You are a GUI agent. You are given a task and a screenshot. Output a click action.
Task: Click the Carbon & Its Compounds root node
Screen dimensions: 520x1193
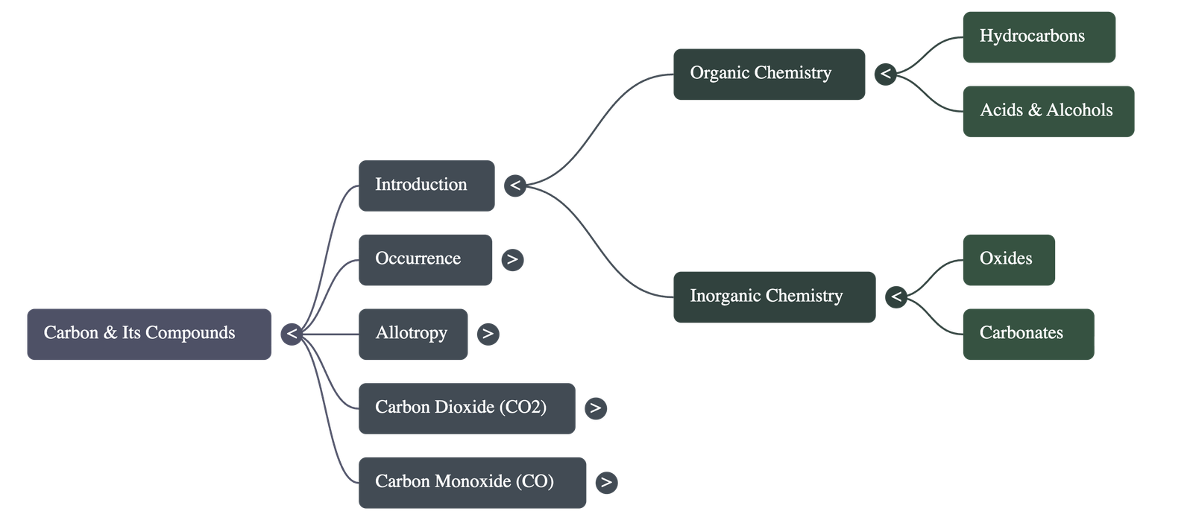(149, 334)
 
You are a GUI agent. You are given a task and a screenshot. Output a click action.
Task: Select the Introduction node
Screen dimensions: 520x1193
(426, 186)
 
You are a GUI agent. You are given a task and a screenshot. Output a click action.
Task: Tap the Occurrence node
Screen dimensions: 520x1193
(425, 259)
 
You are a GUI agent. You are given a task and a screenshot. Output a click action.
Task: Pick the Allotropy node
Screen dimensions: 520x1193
(413, 334)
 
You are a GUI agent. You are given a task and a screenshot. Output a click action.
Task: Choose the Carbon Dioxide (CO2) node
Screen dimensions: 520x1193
(466, 408)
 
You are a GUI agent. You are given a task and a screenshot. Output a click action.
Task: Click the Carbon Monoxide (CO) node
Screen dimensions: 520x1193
(472, 482)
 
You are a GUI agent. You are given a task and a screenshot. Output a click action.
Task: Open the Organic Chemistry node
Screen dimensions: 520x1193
(769, 74)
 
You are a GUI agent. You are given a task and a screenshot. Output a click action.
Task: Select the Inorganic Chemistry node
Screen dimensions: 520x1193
(774, 297)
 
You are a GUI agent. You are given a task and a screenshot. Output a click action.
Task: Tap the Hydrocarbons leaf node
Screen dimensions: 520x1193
(1039, 37)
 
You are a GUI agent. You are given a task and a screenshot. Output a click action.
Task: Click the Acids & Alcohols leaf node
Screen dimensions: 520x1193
(1048, 111)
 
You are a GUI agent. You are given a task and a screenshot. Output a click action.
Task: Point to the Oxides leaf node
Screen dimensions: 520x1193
(1008, 259)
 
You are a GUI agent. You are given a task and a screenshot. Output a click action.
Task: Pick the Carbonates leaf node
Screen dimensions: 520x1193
(1027, 334)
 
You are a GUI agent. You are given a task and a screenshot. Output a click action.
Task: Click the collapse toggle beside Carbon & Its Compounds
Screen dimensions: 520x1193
(292, 334)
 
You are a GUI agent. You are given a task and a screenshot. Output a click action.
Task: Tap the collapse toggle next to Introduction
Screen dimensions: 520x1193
(514, 186)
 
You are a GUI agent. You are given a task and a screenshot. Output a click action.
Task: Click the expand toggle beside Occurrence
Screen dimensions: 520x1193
(512, 259)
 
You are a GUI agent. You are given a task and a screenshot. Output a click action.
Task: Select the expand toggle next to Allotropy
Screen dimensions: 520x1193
(488, 334)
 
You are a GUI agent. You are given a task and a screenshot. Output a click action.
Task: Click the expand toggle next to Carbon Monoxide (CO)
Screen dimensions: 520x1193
(606, 482)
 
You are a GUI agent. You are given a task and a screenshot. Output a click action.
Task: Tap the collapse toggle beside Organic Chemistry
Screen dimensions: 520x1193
(885, 74)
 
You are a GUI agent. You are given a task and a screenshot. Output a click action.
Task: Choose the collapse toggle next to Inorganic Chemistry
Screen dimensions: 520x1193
(896, 297)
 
